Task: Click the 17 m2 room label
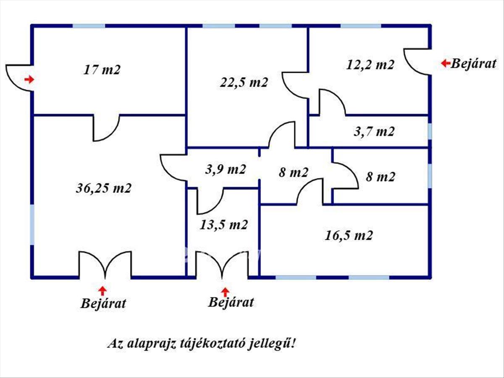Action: [102, 69]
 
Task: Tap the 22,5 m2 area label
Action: [244, 82]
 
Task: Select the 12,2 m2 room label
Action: [370, 65]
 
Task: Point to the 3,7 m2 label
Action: [374, 131]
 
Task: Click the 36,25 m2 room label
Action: [103, 188]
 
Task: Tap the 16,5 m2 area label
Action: [349, 235]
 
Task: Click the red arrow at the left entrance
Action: [29, 79]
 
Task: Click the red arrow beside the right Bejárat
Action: [445, 63]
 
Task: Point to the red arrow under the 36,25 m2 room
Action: [102, 290]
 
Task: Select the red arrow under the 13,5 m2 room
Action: [226, 291]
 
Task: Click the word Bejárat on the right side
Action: [473, 64]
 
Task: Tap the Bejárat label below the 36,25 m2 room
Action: [103, 303]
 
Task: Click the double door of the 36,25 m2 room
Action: [105, 265]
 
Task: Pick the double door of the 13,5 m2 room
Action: [222, 265]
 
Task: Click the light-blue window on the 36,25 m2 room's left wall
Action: [32, 224]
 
